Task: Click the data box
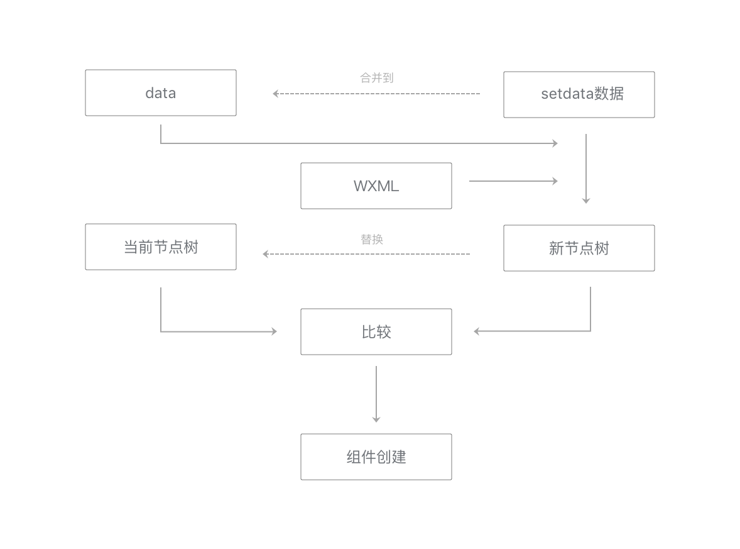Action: [x=161, y=93]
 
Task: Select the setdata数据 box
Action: [x=579, y=94]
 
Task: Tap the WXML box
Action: [x=376, y=186]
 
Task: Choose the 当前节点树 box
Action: [x=161, y=247]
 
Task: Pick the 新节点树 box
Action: [x=579, y=248]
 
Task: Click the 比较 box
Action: [x=376, y=331]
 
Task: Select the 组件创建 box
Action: [x=376, y=457]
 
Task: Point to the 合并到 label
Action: [x=376, y=78]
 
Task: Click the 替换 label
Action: [x=371, y=239]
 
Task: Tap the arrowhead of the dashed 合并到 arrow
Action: [x=276, y=94]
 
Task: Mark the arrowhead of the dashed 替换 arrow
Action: [x=266, y=254]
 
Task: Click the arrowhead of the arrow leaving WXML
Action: [x=555, y=181]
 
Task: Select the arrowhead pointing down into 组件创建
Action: [x=376, y=419]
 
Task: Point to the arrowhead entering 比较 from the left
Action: [x=274, y=331]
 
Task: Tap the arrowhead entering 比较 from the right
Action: [x=477, y=331]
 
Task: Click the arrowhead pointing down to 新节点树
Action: [x=586, y=201]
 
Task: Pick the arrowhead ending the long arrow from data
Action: [x=555, y=143]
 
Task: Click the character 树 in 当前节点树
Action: [x=191, y=247]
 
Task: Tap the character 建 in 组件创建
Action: [x=399, y=457]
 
